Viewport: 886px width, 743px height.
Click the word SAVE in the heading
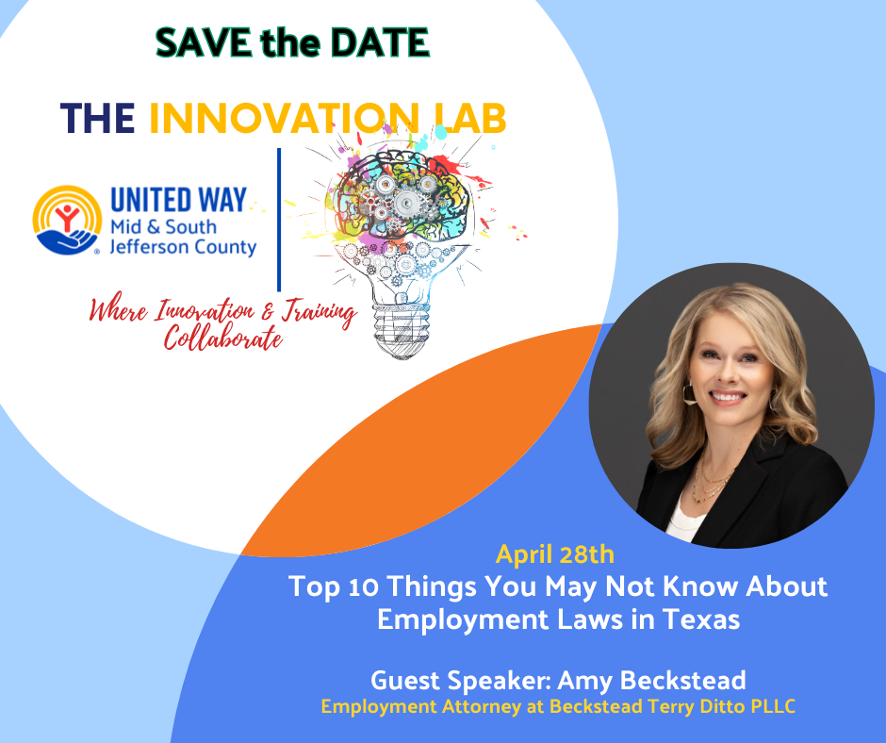(204, 42)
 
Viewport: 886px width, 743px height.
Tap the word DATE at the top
(380, 42)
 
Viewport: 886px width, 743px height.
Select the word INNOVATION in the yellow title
(285, 119)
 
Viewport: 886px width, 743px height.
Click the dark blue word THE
(97, 119)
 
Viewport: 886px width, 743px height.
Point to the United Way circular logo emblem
(67, 220)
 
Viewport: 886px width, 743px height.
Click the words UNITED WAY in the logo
(178, 200)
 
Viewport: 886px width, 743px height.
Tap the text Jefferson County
(183, 247)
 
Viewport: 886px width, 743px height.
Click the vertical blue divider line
(279, 220)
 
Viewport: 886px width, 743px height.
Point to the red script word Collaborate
(223, 338)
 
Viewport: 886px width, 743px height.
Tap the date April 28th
(555, 554)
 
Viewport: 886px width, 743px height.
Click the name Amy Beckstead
(652, 680)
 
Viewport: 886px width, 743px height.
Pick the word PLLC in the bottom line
(774, 707)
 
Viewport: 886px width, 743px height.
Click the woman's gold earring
(689, 394)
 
